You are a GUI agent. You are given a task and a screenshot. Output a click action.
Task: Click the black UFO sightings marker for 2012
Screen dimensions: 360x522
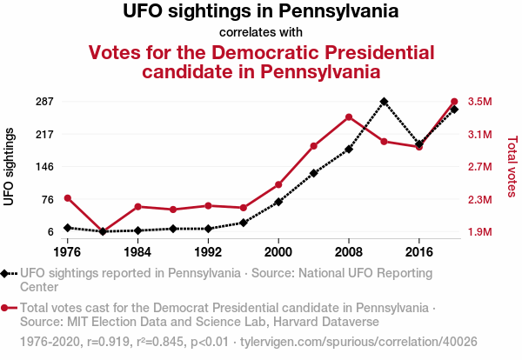pyautogui.click(x=384, y=102)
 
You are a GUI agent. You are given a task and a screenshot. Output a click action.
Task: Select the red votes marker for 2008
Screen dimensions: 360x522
pyautogui.click(x=349, y=117)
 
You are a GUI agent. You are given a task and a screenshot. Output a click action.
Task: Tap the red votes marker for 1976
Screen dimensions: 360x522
pyautogui.click(x=68, y=198)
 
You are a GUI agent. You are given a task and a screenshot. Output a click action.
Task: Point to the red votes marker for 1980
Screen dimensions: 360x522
pyautogui.click(x=103, y=231)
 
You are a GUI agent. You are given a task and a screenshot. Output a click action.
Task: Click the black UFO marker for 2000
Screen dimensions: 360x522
pyautogui.click(x=278, y=202)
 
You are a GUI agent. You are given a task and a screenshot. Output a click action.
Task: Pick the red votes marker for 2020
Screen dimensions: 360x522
pyautogui.click(x=454, y=102)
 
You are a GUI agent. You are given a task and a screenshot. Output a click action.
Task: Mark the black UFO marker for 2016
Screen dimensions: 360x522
pyautogui.click(x=419, y=143)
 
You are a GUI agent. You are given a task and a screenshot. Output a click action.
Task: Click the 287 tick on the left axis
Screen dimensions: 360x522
pyautogui.click(x=44, y=102)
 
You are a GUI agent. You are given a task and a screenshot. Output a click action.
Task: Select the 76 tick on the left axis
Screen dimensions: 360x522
pyautogui.click(x=48, y=200)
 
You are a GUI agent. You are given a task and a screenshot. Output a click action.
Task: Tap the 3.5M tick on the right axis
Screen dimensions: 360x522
pyautogui.click(x=479, y=102)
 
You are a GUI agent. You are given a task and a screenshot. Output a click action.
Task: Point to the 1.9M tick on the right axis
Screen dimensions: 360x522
pyautogui.click(x=479, y=232)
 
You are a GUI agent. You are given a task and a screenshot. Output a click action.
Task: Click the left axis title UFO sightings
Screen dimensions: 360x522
pyautogui.click(x=10, y=166)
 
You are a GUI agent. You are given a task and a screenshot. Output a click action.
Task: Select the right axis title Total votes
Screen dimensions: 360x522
pyautogui.click(x=512, y=166)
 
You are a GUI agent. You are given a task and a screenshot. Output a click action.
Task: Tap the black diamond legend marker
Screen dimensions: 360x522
pyautogui.click(x=8, y=273)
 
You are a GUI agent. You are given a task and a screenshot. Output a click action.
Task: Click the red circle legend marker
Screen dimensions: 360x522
pyautogui.click(x=8, y=308)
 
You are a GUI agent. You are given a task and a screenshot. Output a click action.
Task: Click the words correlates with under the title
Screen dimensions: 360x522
pyautogui.click(x=261, y=32)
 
